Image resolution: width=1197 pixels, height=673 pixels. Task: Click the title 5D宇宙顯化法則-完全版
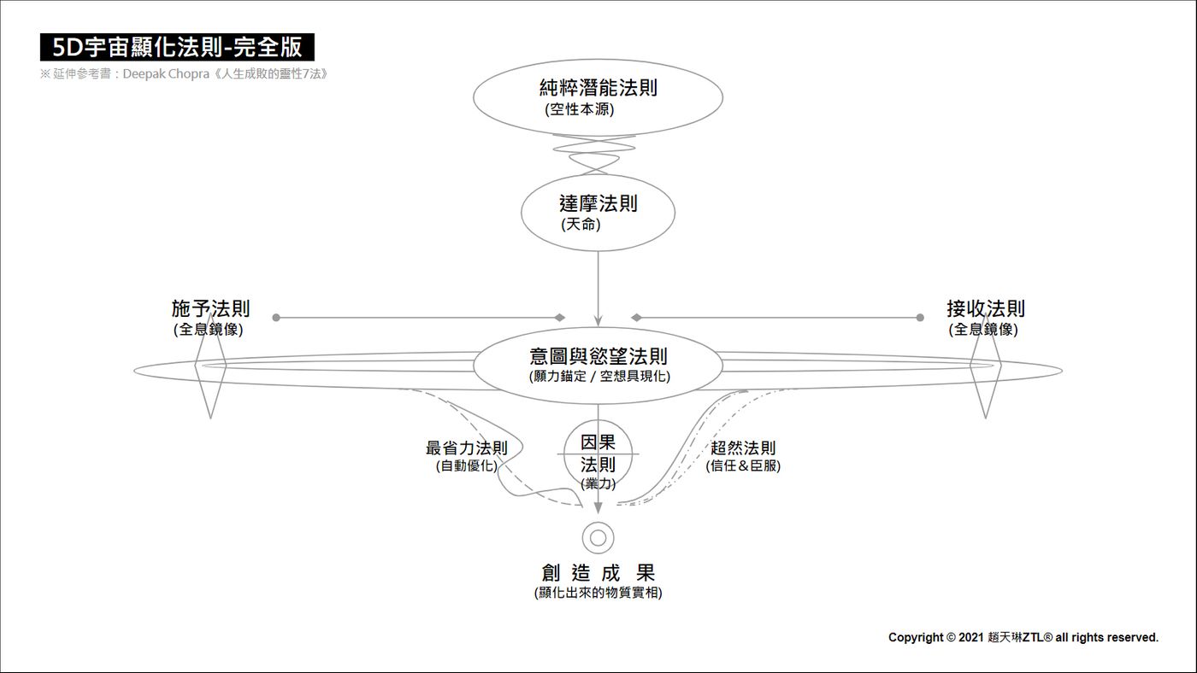click(177, 47)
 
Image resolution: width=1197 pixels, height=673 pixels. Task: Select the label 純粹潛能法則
click(598, 87)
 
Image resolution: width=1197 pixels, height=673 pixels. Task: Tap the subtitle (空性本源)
click(580, 109)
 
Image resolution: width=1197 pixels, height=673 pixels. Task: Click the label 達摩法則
click(598, 203)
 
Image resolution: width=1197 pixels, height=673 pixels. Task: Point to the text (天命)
click(581, 224)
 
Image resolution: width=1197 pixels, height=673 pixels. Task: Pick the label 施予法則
click(210, 308)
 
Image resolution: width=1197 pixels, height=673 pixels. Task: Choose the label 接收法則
click(985, 308)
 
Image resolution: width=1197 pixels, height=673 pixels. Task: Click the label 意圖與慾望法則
click(598, 356)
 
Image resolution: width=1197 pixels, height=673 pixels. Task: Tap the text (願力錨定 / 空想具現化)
click(599, 377)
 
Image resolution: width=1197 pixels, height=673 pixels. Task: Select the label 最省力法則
click(467, 448)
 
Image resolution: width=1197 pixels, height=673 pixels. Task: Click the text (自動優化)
click(467, 466)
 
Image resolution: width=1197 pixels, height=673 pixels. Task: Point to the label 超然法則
click(743, 448)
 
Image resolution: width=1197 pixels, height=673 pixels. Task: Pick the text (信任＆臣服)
click(743, 466)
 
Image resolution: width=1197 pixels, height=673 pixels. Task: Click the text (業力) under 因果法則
click(598, 483)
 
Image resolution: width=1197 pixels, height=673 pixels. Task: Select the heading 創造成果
click(598, 573)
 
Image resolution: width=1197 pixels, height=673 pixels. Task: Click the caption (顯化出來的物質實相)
click(598, 593)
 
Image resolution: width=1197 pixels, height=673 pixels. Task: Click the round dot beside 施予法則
click(276, 318)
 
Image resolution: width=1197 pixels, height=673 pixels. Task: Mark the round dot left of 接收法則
click(920, 318)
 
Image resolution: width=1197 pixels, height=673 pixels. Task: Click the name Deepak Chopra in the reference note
click(166, 73)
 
